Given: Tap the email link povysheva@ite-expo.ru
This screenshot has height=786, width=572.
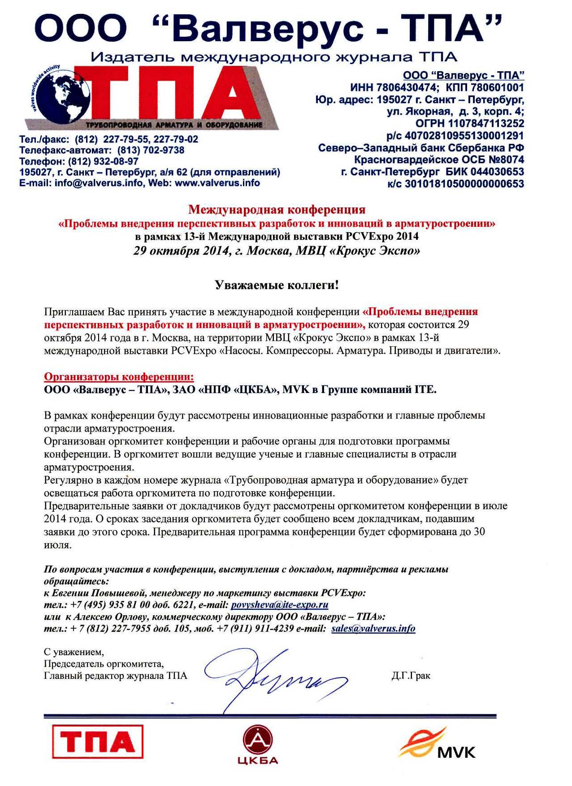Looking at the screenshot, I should point(280,605).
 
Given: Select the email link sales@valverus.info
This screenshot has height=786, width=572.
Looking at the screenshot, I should point(373,628).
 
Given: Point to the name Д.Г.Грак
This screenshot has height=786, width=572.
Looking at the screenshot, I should point(411,676).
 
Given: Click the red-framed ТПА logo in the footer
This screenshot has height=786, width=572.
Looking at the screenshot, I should point(98,742).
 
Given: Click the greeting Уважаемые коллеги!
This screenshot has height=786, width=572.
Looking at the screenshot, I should point(277,285).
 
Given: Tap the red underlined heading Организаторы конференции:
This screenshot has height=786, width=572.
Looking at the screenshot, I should point(119,377).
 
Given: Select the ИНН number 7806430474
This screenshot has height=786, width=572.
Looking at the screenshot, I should point(406,87).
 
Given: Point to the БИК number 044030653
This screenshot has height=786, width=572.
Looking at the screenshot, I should point(497,172).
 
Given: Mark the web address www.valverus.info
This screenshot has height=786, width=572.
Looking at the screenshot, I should point(217,183).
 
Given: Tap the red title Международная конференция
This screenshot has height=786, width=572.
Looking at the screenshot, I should point(277,209).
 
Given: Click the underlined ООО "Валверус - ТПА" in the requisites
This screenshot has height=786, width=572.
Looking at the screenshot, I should point(464,75).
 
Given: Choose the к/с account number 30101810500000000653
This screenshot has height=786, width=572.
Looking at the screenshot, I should point(464,184).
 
